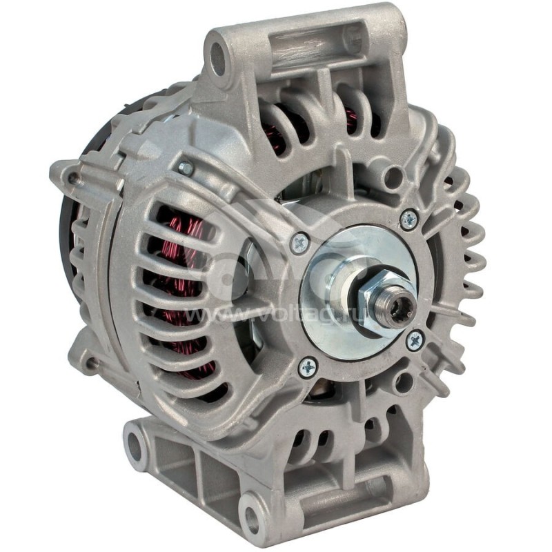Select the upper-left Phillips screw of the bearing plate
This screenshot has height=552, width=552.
click(x=299, y=242)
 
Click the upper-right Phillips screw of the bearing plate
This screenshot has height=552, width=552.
click(x=408, y=219)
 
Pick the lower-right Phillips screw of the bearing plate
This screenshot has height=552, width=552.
click(x=414, y=339)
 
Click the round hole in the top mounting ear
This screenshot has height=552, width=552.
click(x=219, y=55)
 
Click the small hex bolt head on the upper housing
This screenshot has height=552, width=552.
click(x=185, y=168)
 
